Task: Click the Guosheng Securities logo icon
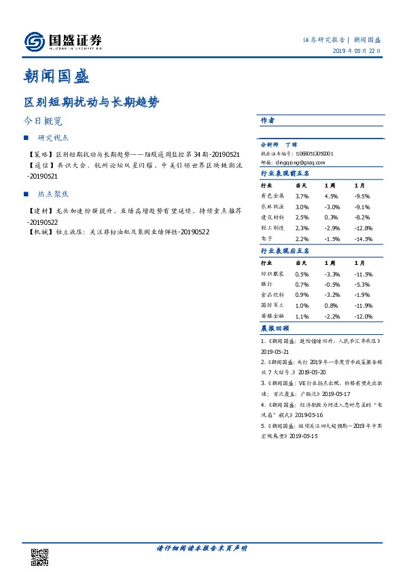tap(33, 41)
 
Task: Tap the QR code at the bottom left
tap(39, 556)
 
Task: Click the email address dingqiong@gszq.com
tap(301, 162)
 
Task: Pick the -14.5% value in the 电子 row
tap(364, 238)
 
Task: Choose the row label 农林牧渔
tap(273, 207)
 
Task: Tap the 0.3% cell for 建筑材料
tap(331, 217)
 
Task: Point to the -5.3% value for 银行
tap(363, 284)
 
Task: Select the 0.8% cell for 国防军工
tap(331, 305)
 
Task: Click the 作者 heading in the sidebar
tap(268, 120)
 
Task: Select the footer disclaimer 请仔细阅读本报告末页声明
tap(202, 548)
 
